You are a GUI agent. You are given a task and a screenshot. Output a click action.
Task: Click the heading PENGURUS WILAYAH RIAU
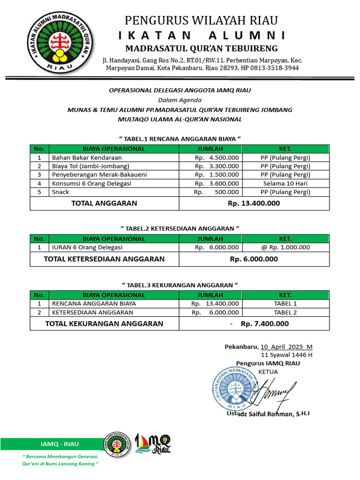(x=201, y=21)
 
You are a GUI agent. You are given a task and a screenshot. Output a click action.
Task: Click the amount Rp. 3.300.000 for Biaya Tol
(x=217, y=166)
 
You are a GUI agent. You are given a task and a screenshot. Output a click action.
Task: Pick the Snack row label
(x=60, y=192)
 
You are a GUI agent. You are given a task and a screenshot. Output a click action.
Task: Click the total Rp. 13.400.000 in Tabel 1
(x=254, y=203)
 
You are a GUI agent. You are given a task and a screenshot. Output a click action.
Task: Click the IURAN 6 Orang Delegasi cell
(x=87, y=247)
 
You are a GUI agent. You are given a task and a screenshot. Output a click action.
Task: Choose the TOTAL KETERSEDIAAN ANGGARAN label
(x=104, y=259)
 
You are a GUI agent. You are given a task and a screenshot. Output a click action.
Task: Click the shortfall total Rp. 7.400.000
(x=265, y=323)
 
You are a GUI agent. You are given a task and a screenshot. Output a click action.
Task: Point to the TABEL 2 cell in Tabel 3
(x=285, y=312)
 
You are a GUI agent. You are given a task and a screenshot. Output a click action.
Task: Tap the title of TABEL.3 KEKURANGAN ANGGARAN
(x=180, y=285)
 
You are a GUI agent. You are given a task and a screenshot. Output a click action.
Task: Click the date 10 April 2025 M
(x=286, y=347)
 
